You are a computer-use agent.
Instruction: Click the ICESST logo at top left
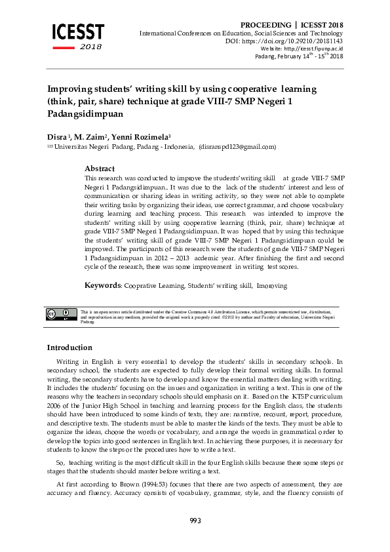(78, 33)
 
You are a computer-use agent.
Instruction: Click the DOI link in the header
(298, 41)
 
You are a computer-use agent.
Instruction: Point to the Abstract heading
(100, 168)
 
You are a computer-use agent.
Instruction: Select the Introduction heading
(69, 347)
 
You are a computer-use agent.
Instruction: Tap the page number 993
(195, 521)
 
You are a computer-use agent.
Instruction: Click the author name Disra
(56, 136)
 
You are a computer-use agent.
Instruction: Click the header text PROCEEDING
(265, 25)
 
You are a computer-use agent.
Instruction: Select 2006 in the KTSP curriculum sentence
(54, 406)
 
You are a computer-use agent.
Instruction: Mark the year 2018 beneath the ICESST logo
(90, 47)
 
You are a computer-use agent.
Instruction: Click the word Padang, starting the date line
(265, 56)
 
